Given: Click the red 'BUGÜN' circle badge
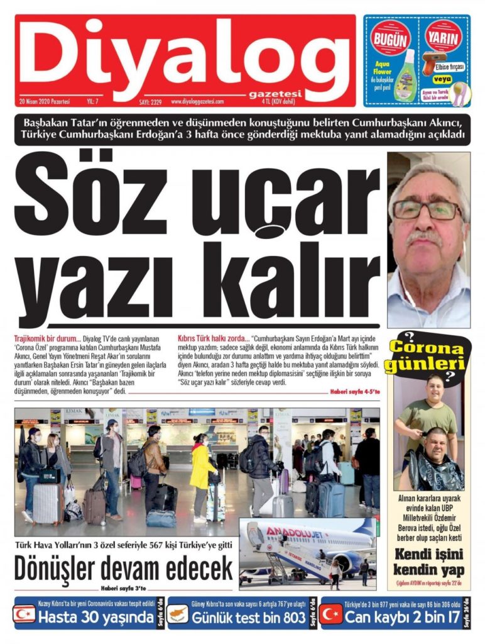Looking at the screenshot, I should tap(390, 39).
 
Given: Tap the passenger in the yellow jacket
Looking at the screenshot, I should tap(202, 469).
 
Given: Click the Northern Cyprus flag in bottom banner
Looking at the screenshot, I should tap(25, 614).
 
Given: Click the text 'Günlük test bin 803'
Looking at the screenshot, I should tap(249, 617).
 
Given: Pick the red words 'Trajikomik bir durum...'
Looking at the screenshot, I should tap(47, 338).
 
